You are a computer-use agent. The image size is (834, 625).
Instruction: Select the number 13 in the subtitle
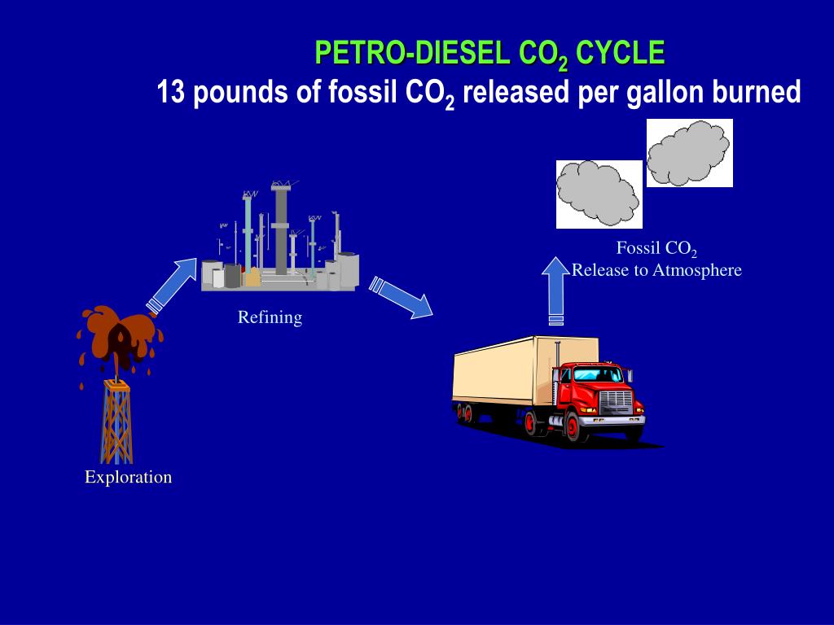coord(171,93)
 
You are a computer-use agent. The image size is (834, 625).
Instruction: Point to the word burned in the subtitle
coord(757,93)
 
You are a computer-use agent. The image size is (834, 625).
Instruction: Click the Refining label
coord(270,317)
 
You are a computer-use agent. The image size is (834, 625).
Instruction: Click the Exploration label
coord(128,478)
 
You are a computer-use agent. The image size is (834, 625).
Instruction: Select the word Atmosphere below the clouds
coord(697,270)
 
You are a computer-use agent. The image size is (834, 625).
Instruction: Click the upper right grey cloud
coord(689,153)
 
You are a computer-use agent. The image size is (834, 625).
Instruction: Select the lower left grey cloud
coord(599,194)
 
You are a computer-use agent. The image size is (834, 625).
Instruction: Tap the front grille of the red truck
coord(616,404)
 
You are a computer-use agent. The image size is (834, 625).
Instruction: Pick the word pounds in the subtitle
coord(239,93)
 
